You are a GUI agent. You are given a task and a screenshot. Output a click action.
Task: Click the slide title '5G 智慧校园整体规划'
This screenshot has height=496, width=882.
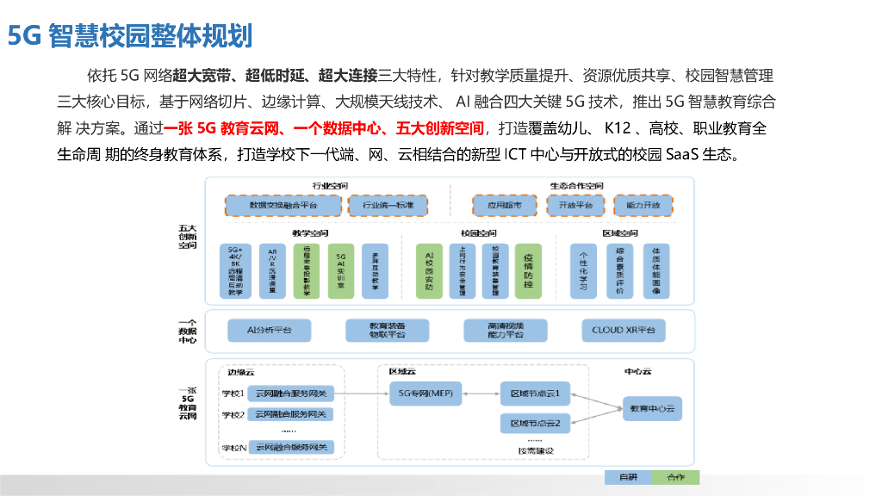(130, 35)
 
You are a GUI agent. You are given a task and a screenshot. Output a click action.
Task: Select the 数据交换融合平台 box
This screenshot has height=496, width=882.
(283, 206)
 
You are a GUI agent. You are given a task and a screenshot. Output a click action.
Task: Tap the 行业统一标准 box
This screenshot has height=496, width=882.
(388, 206)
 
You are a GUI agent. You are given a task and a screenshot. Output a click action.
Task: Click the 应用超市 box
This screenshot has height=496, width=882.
(504, 206)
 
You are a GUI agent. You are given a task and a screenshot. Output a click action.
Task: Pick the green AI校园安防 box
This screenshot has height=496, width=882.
(429, 270)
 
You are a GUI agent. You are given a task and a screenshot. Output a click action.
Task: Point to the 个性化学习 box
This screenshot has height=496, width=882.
(583, 270)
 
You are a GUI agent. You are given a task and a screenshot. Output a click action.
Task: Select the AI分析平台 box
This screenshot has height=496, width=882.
(270, 330)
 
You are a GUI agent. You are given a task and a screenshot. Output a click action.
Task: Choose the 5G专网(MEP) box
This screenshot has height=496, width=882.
(420, 394)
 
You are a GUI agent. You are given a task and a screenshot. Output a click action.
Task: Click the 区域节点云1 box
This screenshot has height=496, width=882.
(535, 394)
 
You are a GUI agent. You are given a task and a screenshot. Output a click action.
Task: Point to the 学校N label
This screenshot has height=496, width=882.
(233, 448)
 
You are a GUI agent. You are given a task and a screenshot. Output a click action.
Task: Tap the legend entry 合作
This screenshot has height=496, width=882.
(675, 477)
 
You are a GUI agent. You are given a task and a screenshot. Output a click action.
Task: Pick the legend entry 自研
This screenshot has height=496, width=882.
(628, 477)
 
